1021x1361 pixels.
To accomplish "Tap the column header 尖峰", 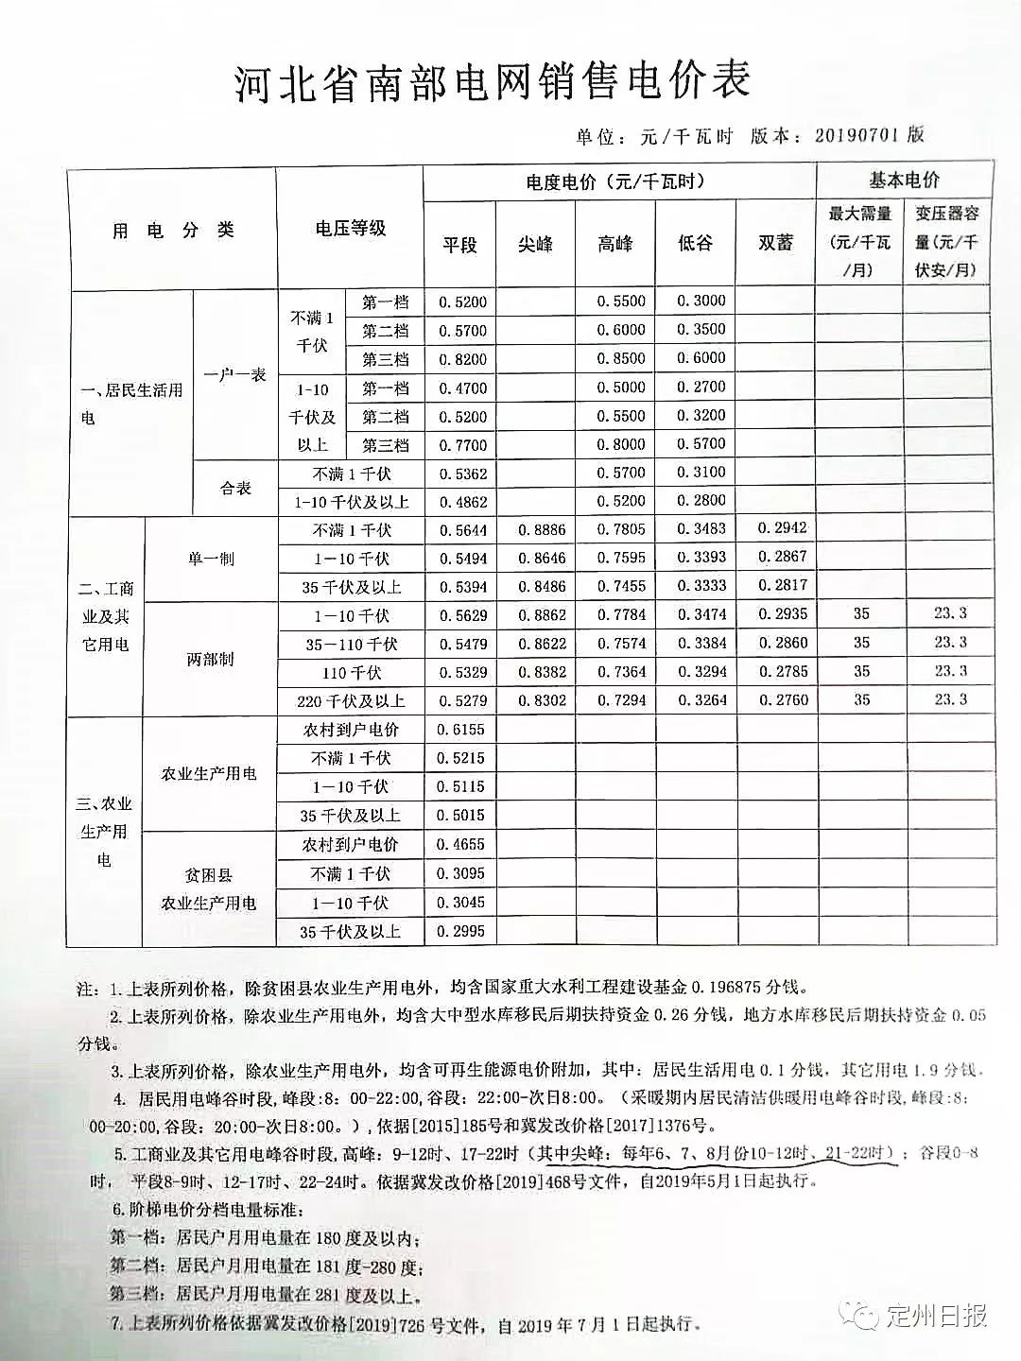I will tap(535, 244).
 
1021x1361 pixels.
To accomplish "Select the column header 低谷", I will tap(695, 243).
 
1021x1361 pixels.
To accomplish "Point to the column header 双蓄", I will tap(775, 243).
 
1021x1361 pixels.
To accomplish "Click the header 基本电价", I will tap(904, 180).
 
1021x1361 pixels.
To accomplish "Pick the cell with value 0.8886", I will tap(542, 529).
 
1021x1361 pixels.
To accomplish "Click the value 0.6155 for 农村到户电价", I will tap(461, 729).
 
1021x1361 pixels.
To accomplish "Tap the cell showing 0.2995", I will tap(461, 931).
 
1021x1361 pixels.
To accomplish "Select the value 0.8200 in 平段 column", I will tap(463, 359).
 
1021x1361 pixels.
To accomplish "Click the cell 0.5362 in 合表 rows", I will tap(463, 474).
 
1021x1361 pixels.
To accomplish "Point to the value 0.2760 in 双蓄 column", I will tap(783, 699).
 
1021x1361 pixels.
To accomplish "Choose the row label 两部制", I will tap(210, 658).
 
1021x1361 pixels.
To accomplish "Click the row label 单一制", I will tap(210, 559).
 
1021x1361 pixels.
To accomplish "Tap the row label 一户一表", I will tap(234, 374).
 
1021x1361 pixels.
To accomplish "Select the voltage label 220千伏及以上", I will tap(351, 701).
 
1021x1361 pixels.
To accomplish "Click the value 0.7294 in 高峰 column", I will tap(622, 699).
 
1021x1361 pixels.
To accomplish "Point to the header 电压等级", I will tap(350, 229).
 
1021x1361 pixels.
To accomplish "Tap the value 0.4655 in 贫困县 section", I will tap(461, 845).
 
